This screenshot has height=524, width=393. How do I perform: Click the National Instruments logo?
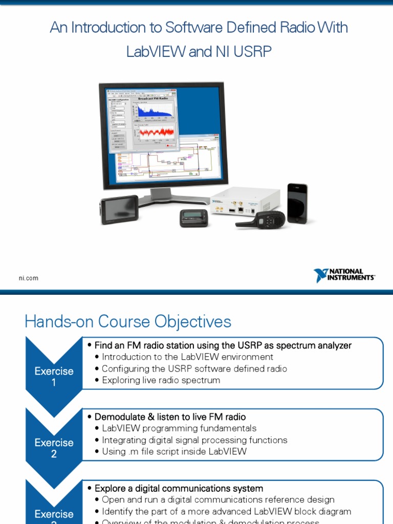pos(344,275)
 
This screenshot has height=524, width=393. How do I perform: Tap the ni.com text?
pos(29,278)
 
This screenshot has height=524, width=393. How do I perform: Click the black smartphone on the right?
pos(297,203)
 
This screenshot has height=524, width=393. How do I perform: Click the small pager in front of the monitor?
pos(194,218)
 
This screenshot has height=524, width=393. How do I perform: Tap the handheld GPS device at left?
pos(119,209)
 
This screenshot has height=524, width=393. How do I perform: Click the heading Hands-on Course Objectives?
pos(128,321)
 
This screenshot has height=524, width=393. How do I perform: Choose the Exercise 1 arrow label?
pos(54,376)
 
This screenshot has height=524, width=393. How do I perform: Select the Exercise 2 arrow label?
pos(54,448)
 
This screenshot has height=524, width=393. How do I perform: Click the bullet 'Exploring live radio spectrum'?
pos(161,380)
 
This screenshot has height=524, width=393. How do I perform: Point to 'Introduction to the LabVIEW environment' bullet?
pos(187,357)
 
